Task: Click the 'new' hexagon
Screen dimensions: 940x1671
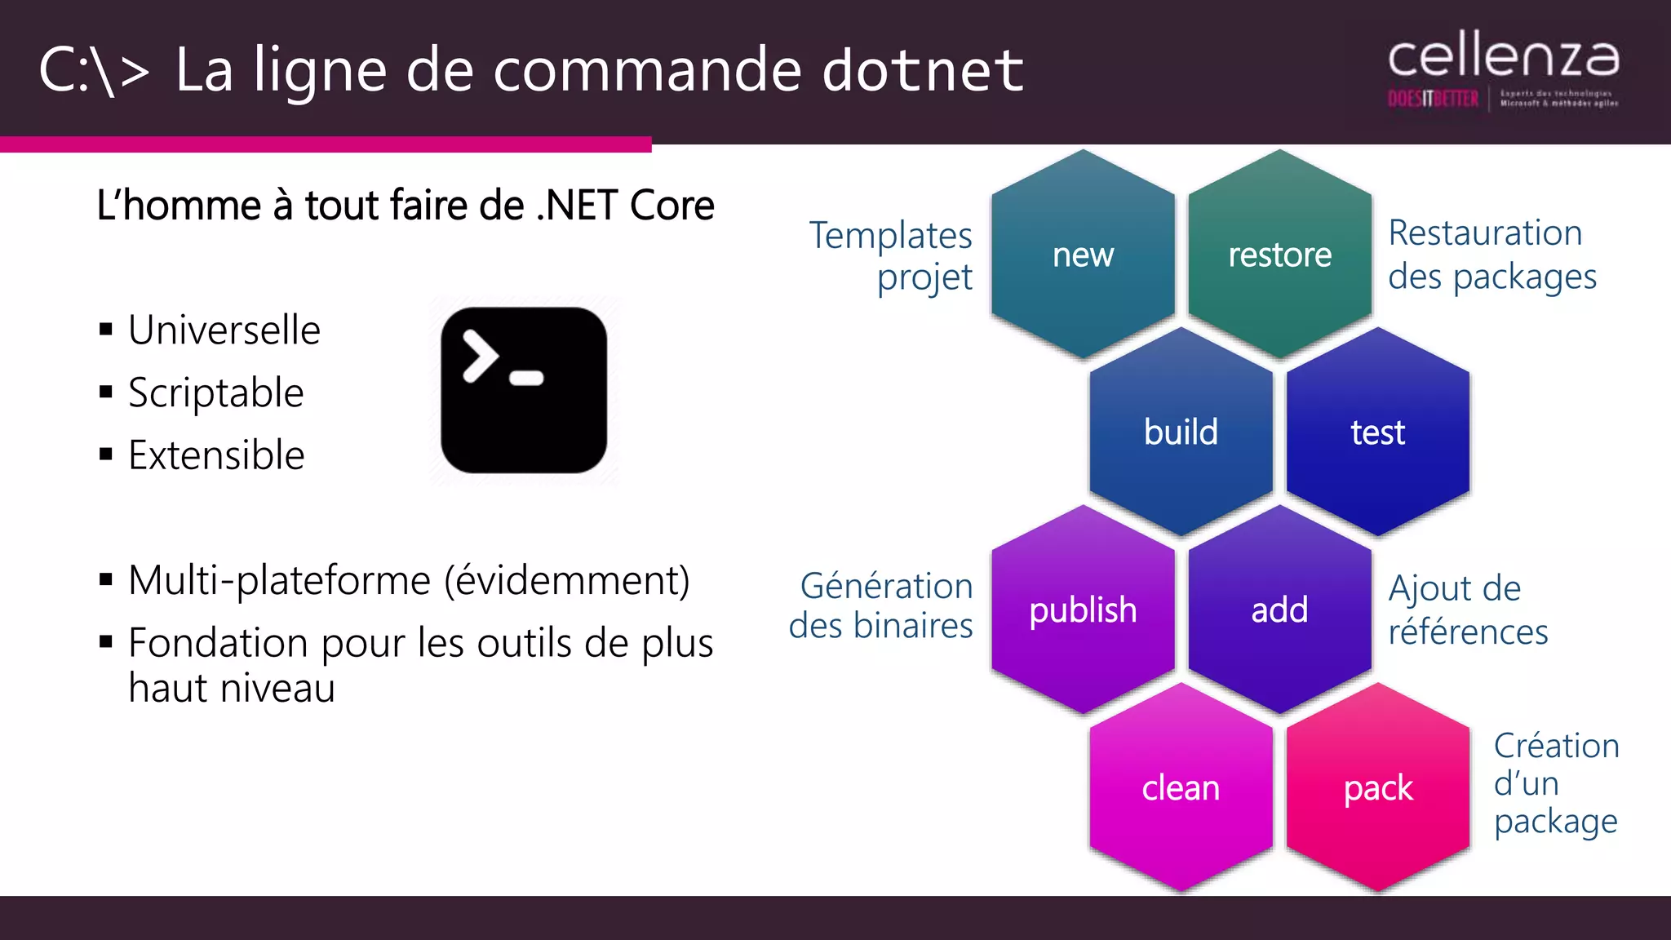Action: tap(1083, 255)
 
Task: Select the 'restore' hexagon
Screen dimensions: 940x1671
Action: tap(1279, 255)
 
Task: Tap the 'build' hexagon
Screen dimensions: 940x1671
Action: tap(1181, 432)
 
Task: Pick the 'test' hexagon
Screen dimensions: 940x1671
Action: tap(1377, 432)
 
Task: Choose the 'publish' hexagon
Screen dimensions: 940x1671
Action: tap(1083, 610)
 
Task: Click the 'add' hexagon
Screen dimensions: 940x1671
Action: tap(1279, 610)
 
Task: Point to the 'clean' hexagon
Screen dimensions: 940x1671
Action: tap(1181, 787)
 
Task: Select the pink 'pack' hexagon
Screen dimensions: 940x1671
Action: tap(1377, 787)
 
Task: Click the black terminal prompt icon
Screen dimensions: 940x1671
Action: tap(524, 390)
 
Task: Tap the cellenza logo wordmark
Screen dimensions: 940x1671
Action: tap(1503, 57)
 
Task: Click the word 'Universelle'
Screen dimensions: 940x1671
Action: tap(224, 330)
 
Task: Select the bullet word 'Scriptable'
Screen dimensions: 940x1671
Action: tap(216, 393)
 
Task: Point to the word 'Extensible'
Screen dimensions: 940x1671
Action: tap(216, 455)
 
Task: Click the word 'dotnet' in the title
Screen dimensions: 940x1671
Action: tap(922, 70)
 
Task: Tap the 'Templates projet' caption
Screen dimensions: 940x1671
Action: tap(891, 255)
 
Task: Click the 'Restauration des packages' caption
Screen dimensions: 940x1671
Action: tap(1491, 255)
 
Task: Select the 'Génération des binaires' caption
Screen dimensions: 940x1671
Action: tap(881, 605)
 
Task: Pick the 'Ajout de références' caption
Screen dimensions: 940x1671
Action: tap(1467, 610)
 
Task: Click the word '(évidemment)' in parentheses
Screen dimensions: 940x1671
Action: tap(567, 581)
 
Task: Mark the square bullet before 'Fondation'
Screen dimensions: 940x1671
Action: tap(105, 642)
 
